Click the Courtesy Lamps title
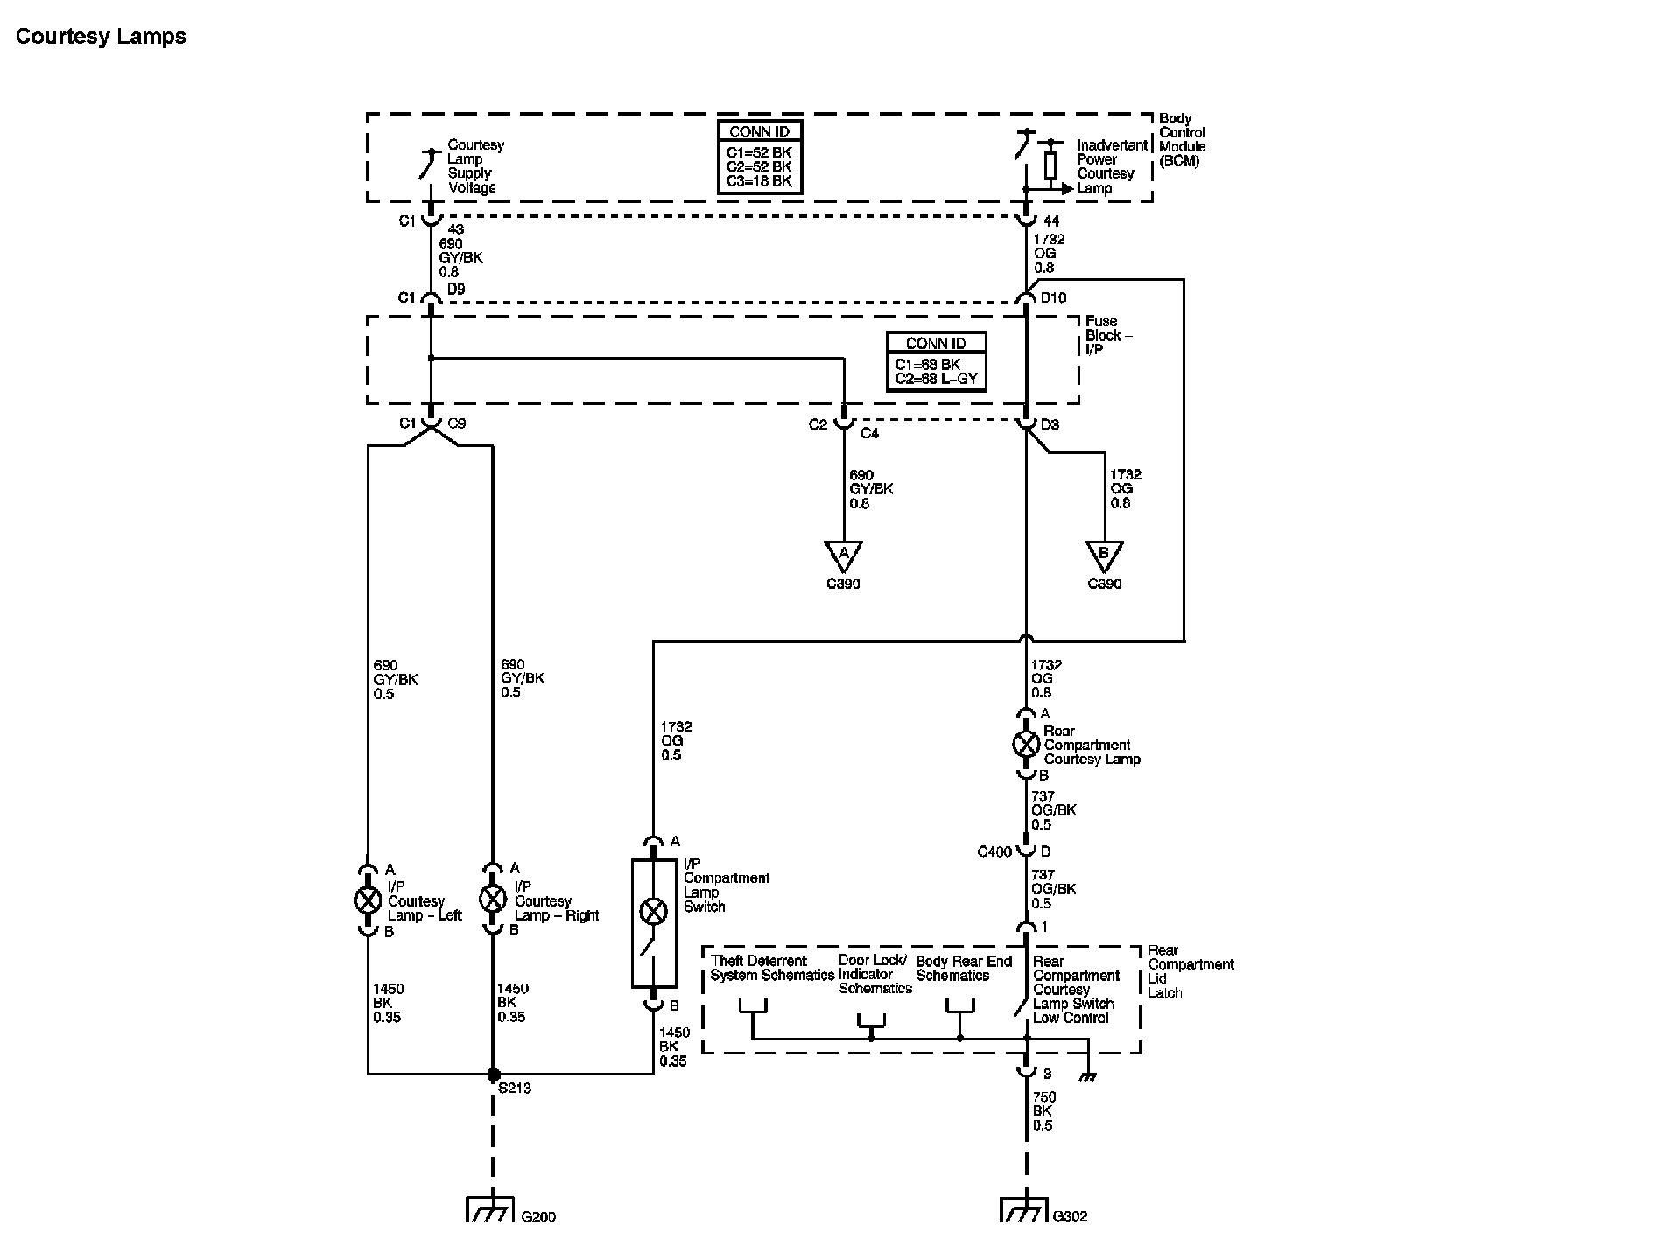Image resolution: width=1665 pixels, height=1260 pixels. [101, 37]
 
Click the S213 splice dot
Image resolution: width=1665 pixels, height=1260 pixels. [493, 1074]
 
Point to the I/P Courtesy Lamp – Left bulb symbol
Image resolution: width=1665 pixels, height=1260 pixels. [368, 899]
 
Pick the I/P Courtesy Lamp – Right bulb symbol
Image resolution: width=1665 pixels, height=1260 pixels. [493, 899]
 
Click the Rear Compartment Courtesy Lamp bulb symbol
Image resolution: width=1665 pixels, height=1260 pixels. [1025, 745]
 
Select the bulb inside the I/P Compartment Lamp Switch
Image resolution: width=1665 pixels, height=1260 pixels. [653, 911]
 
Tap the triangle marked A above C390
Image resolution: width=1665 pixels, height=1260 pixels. [843, 555]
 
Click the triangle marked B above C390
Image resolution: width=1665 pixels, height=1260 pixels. [1104, 555]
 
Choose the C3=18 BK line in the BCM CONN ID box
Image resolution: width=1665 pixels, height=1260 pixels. [759, 181]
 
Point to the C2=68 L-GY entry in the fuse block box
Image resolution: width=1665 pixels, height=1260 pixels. [936, 379]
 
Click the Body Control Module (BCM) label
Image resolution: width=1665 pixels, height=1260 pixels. [1182, 139]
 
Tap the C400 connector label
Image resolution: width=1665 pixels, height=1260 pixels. [994, 851]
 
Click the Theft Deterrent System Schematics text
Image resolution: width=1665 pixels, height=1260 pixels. [771, 968]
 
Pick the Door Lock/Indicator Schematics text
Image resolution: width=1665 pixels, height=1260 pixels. [874, 974]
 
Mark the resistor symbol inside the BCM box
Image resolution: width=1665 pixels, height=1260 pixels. [1050, 165]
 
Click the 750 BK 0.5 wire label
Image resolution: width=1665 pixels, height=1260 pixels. [1043, 1111]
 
